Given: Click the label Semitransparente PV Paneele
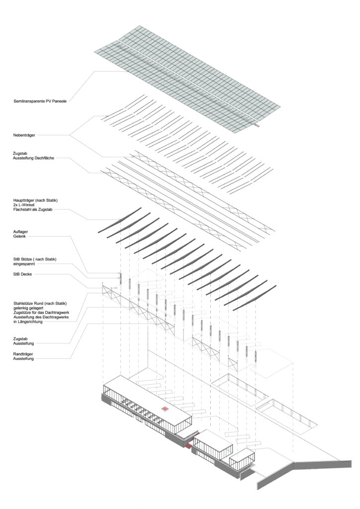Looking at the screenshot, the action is [x=40, y=101].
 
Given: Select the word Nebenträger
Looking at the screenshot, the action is [x=24, y=135].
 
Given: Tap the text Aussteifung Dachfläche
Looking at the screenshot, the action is [x=33, y=158].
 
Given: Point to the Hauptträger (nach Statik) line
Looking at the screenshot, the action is [x=35, y=200].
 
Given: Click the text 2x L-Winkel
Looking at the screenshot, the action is [x=24, y=205].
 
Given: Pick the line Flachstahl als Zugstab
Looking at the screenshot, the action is [x=33, y=210].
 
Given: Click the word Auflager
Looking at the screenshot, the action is [x=20, y=232].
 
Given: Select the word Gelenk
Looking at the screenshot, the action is [x=19, y=237].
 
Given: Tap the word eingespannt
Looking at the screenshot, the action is [x=24, y=264].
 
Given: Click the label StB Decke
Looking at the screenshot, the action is [x=22, y=274].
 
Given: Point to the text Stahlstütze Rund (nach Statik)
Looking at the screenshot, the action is [x=40, y=304].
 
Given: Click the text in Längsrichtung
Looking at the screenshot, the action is [x=27, y=322].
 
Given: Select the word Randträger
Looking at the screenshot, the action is [x=23, y=354].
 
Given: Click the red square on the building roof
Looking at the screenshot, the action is [x=165, y=409].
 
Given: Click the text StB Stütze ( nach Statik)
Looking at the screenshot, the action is [x=35, y=259].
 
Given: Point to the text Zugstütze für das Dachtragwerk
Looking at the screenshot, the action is [x=41, y=313].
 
